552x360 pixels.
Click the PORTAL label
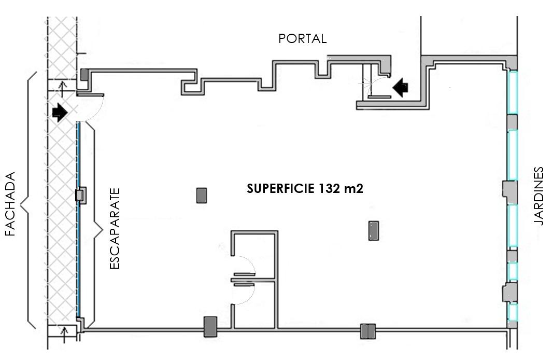click(x=302, y=39)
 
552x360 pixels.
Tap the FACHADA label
click(x=10, y=204)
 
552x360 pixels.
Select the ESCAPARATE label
click(x=115, y=228)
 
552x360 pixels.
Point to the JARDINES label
click(x=540, y=196)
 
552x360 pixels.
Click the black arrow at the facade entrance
click(x=60, y=112)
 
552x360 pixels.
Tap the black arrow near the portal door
click(x=401, y=88)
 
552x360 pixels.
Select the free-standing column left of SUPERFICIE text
click(x=202, y=196)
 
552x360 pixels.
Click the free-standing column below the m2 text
click(x=373, y=230)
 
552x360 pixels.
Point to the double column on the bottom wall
click(x=368, y=331)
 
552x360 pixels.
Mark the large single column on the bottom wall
click(x=210, y=327)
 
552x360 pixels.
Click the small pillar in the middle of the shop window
click(x=80, y=196)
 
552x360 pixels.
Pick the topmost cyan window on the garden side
click(x=513, y=92)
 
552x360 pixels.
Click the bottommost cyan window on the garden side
click(x=513, y=311)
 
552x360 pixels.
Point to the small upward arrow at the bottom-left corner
click(x=64, y=335)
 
